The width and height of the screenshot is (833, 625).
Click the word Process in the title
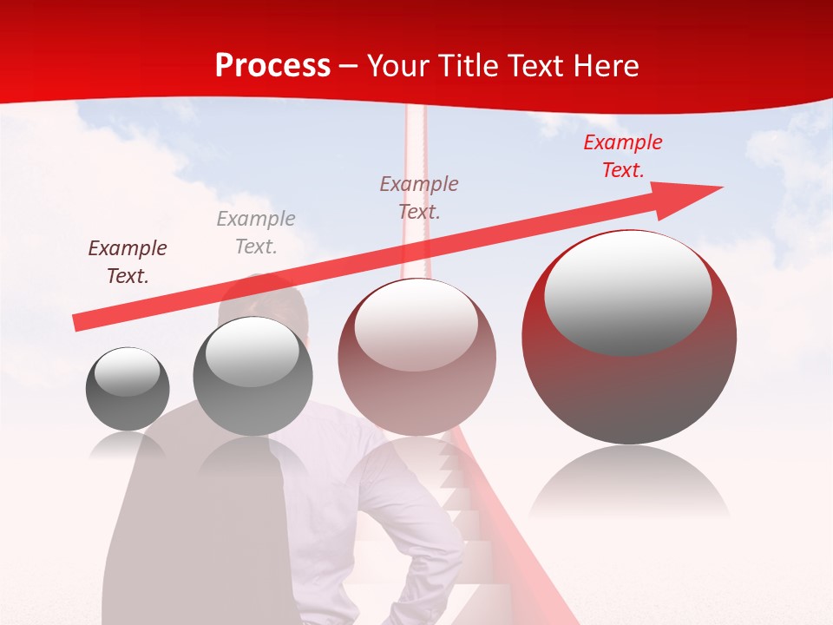[x=272, y=66]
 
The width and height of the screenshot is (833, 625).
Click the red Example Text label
[x=622, y=156]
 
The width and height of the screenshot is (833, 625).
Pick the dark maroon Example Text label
[x=128, y=262]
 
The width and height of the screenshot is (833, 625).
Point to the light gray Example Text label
[x=256, y=233]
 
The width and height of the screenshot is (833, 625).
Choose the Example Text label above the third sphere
[x=419, y=197]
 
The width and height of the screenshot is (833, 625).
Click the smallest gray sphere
[x=128, y=389]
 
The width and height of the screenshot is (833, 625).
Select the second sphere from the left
[x=253, y=377]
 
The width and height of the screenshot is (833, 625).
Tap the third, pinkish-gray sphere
[x=416, y=358]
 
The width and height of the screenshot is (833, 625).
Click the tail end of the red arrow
[x=78, y=322]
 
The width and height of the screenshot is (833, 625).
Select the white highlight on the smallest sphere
[x=127, y=372]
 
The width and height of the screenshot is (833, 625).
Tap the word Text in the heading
[x=533, y=66]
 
